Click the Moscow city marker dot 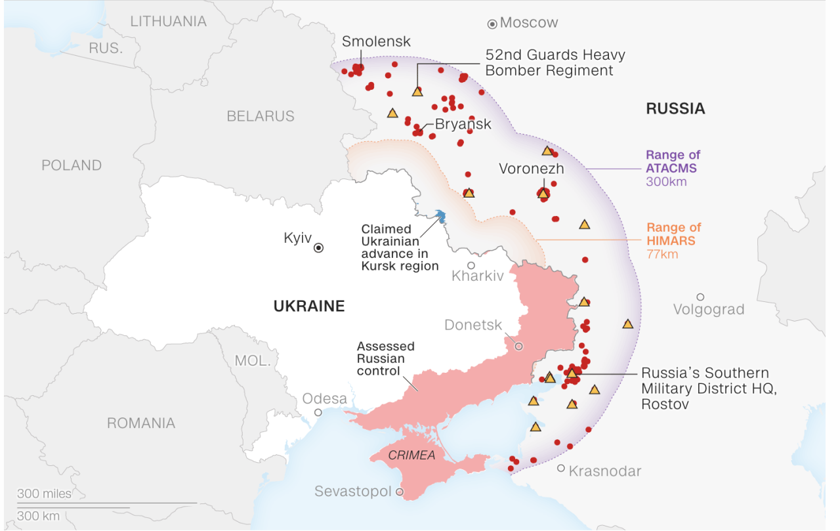click(492, 24)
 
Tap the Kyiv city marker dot click(318, 248)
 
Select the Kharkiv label click(478, 276)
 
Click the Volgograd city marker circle click(700, 297)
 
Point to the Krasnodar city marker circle click(561, 468)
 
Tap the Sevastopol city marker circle click(399, 492)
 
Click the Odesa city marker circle click(318, 412)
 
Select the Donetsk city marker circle click(518, 346)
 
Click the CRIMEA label click(411, 455)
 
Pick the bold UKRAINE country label click(308, 306)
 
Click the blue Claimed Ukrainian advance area click(440, 216)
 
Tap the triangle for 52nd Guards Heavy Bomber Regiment click(417, 92)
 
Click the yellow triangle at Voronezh click(543, 194)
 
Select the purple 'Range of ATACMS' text click(673, 161)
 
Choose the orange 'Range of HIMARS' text click(673, 234)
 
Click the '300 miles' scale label click(44, 494)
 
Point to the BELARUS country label click(261, 116)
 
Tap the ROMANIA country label click(141, 423)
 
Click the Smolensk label click(376, 41)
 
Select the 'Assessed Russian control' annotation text click(385, 358)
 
